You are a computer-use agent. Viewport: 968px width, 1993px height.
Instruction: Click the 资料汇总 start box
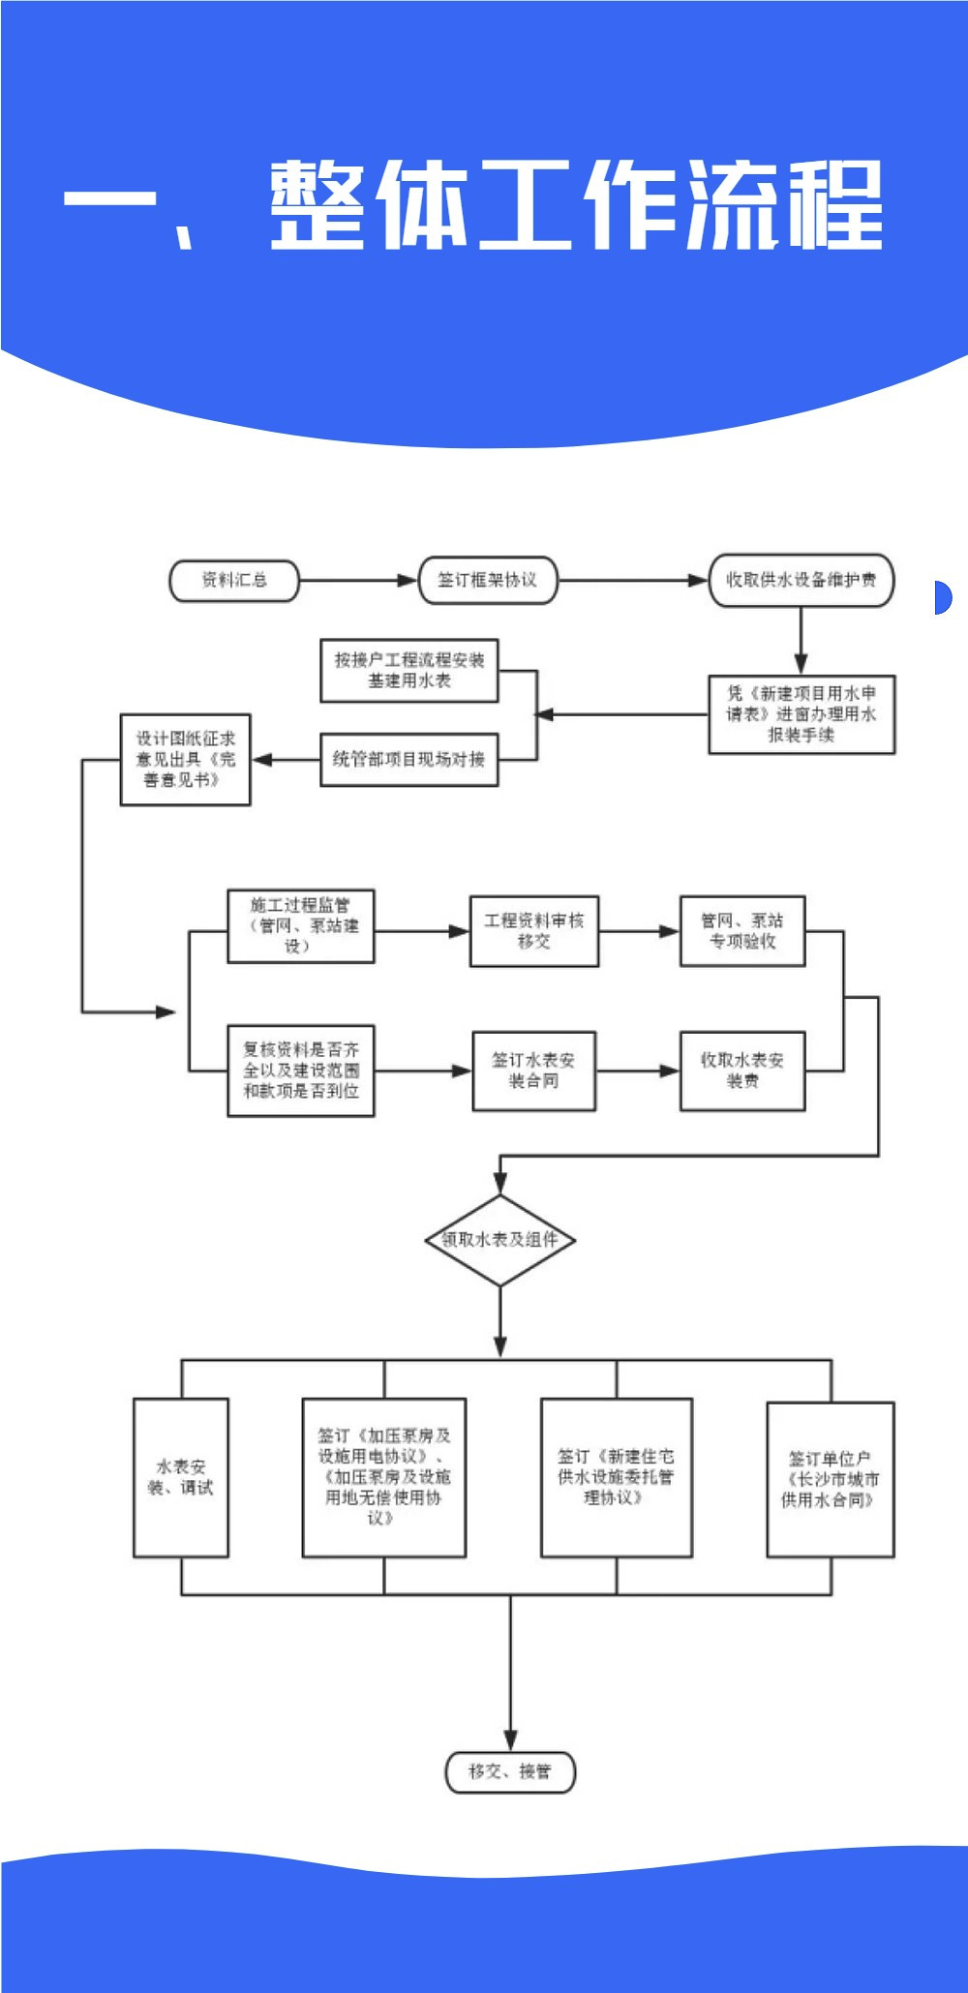[234, 581]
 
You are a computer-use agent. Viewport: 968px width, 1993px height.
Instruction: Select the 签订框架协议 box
[488, 581]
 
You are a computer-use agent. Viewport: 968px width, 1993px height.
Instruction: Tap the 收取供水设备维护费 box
[801, 581]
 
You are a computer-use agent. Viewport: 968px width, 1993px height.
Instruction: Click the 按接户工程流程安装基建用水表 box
[409, 670]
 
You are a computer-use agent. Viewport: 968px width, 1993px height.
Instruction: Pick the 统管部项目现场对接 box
[409, 760]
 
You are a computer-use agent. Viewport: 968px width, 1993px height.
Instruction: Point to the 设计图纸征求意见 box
[185, 760]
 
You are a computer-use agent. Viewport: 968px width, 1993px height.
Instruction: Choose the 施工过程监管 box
[300, 926]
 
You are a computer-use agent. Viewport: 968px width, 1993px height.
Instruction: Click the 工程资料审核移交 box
[534, 931]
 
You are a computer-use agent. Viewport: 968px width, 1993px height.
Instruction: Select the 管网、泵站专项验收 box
[742, 931]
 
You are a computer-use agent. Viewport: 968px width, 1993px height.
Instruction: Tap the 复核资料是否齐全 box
[300, 1071]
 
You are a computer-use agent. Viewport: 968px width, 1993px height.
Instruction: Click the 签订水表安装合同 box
[534, 1071]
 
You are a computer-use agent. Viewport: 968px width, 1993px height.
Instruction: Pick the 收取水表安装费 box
[742, 1071]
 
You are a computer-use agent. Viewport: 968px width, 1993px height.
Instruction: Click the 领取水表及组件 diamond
[499, 1240]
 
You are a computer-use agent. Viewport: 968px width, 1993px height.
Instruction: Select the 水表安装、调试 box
[181, 1477]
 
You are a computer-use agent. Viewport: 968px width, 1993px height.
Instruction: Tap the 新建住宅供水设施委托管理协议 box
[616, 1477]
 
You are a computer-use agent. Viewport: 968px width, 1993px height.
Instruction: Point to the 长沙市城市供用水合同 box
[831, 1479]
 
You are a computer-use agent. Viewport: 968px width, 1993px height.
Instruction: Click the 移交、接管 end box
[510, 1772]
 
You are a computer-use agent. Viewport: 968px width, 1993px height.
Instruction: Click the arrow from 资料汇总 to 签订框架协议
[358, 581]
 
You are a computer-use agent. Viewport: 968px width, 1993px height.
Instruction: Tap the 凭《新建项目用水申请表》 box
[802, 714]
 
